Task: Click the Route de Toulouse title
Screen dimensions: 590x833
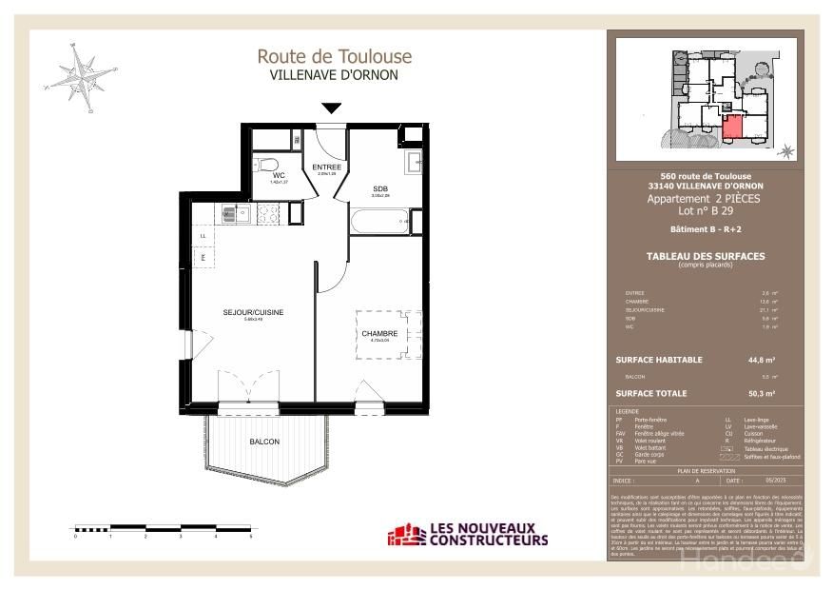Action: click(x=334, y=56)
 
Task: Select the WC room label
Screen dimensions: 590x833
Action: click(x=279, y=176)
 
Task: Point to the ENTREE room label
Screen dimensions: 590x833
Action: click(x=327, y=167)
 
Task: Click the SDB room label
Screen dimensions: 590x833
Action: click(x=380, y=188)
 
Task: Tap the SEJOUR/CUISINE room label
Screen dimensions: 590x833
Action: click(x=253, y=312)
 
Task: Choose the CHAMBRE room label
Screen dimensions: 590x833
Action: click(x=379, y=333)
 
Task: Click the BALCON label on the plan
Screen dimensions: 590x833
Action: click(x=264, y=442)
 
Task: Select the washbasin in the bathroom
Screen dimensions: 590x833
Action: click(x=415, y=162)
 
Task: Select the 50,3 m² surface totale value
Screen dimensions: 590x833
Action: click(x=763, y=392)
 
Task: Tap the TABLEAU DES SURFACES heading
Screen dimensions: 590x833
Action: click(x=705, y=256)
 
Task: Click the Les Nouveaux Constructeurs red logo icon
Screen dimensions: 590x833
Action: click(x=400, y=536)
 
